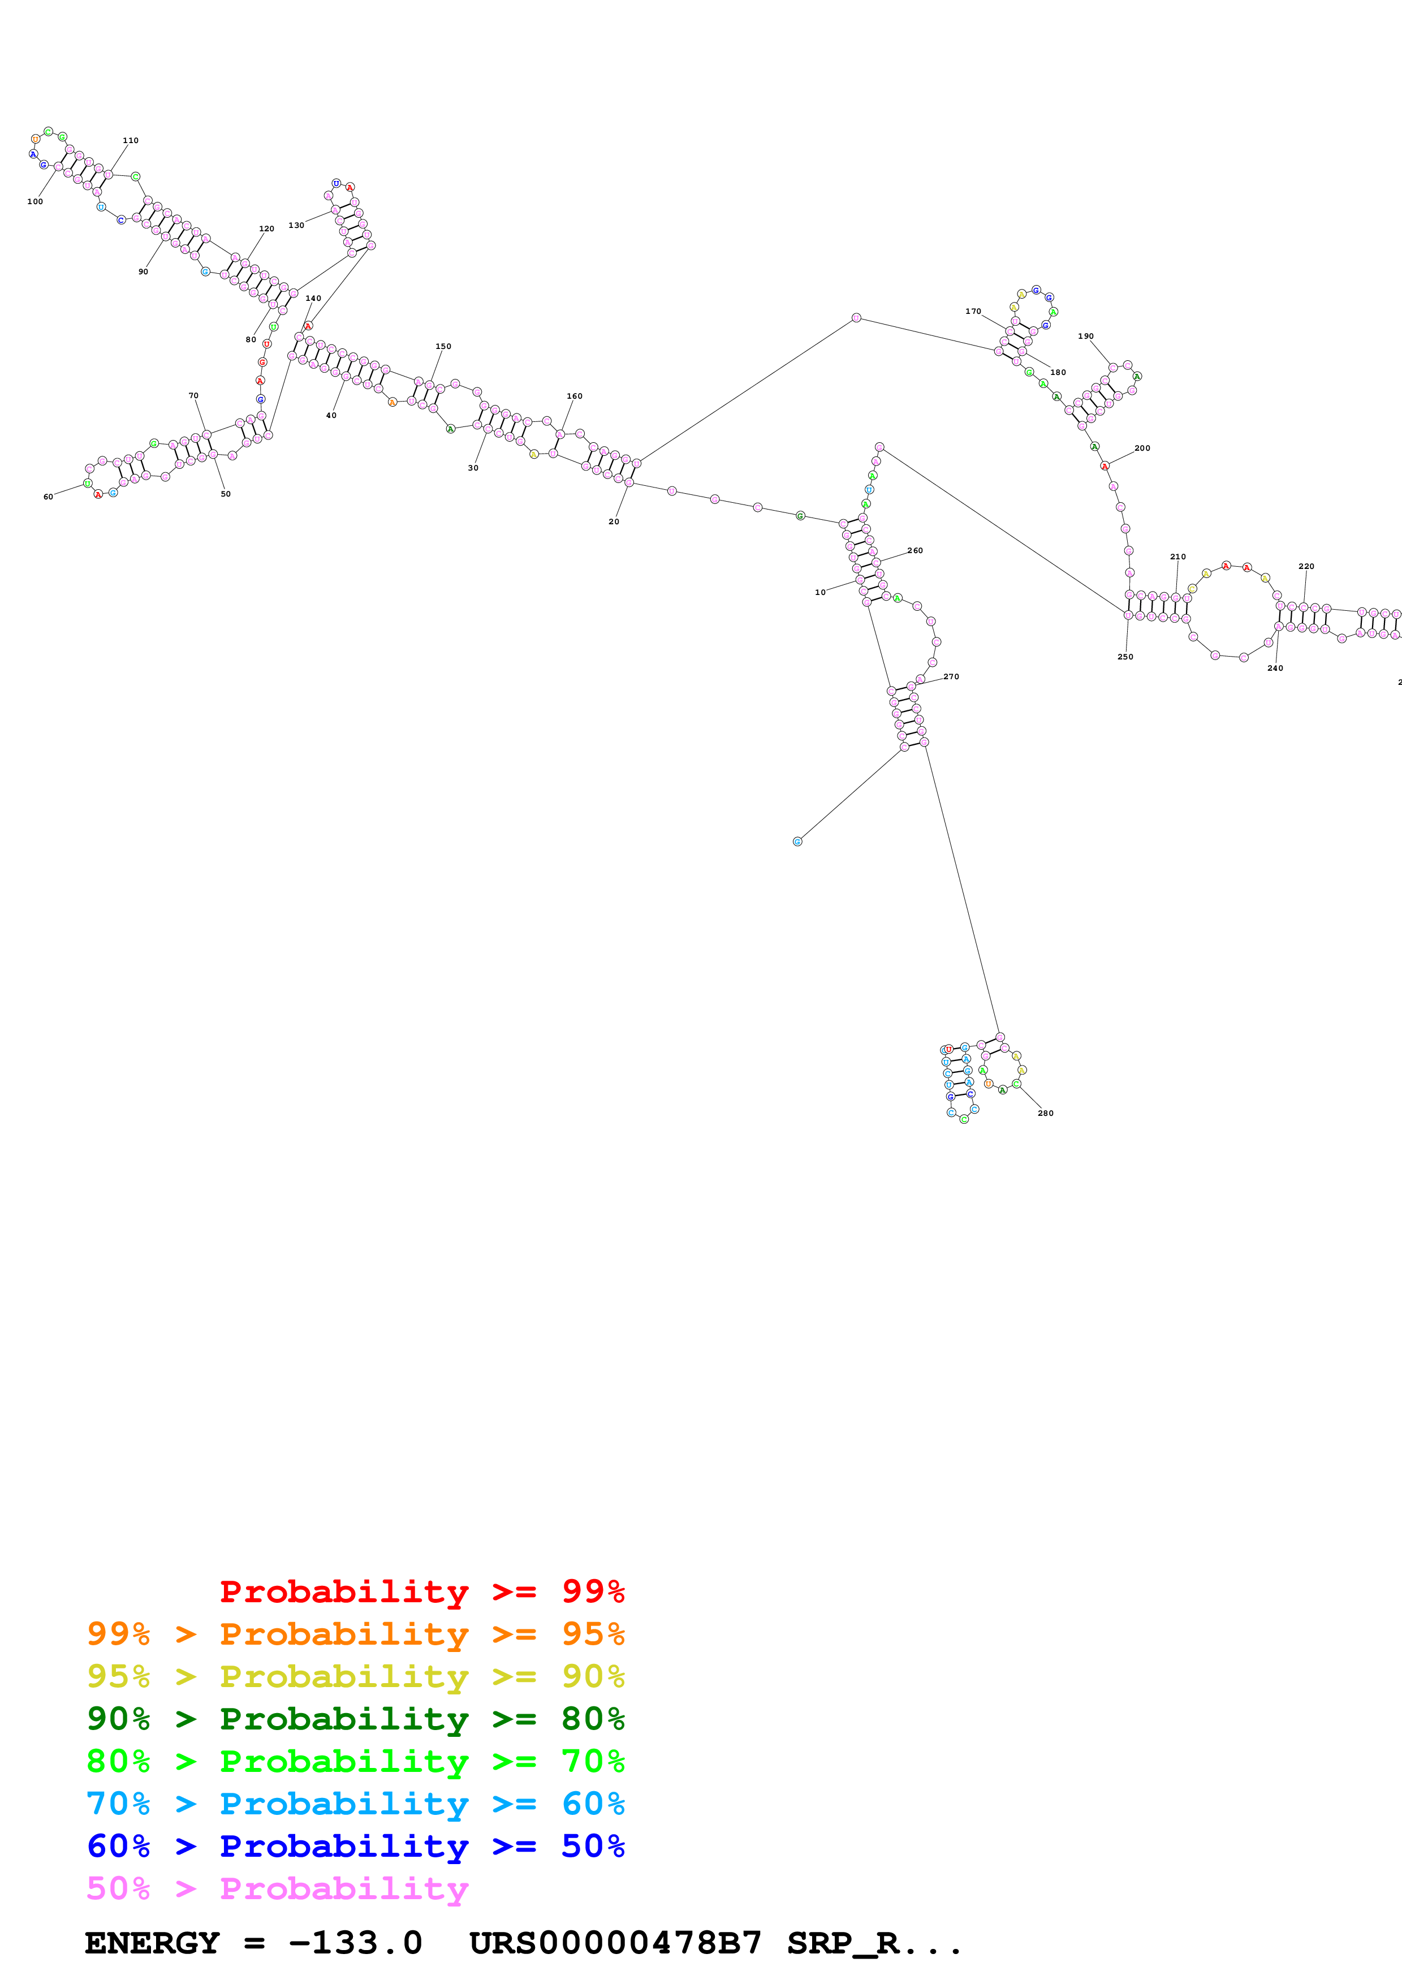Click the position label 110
pyautogui.click(x=131, y=140)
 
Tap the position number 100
pyautogui.click(x=34, y=201)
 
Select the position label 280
pyautogui.click(x=1045, y=1113)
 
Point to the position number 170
pyautogui.click(x=973, y=311)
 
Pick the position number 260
pyautogui.click(x=915, y=550)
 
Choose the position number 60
pyautogui.click(x=49, y=497)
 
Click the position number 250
pyautogui.click(x=1125, y=657)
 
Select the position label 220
pyautogui.click(x=1306, y=566)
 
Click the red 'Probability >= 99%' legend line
pyautogui.click(x=421, y=1591)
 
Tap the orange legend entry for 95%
pyautogui.click(x=356, y=1634)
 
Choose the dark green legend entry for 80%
pyautogui.click(x=356, y=1719)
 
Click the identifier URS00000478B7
pyautogui.click(x=615, y=1943)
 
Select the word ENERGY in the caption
pyautogui.click(x=152, y=1943)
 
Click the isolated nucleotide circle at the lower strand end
pyautogui.click(x=797, y=842)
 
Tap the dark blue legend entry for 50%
pyautogui.click(x=356, y=1846)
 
